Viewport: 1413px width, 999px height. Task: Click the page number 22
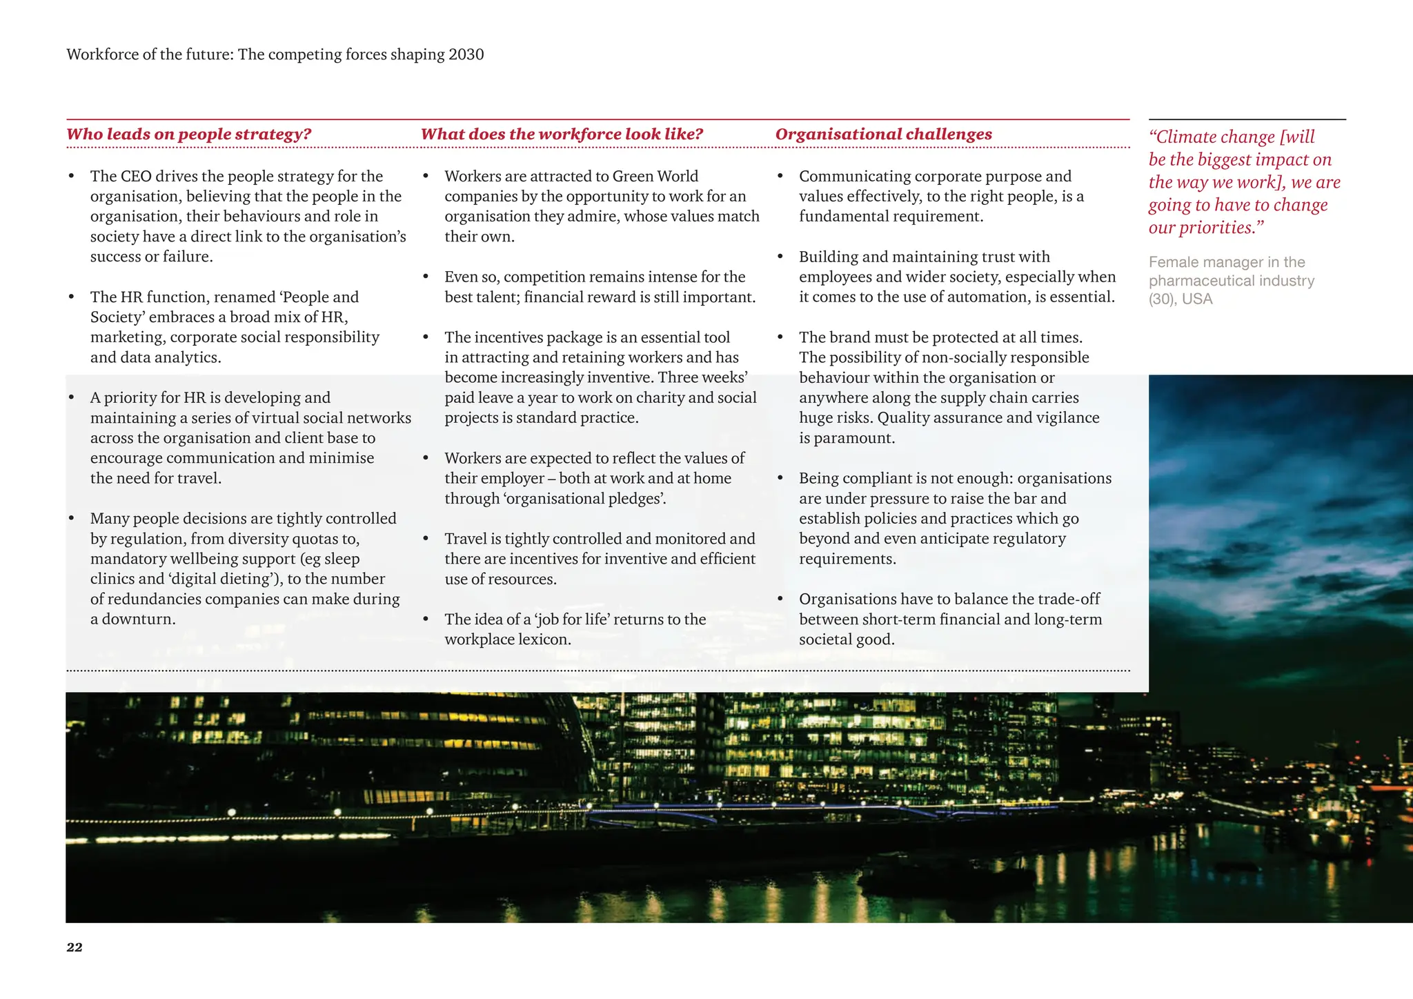point(75,947)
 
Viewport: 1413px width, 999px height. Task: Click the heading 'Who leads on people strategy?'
point(189,134)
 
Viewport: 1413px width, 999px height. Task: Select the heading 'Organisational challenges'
point(883,134)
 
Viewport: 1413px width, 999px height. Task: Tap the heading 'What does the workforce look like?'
point(562,134)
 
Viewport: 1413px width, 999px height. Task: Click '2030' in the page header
point(466,55)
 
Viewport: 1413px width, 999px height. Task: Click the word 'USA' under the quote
point(1197,299)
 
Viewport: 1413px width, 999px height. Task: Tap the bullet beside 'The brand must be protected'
point(780,337)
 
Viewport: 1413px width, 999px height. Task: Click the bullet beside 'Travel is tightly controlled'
point(426,539)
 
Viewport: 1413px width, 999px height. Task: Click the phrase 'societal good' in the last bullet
point(846,640)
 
